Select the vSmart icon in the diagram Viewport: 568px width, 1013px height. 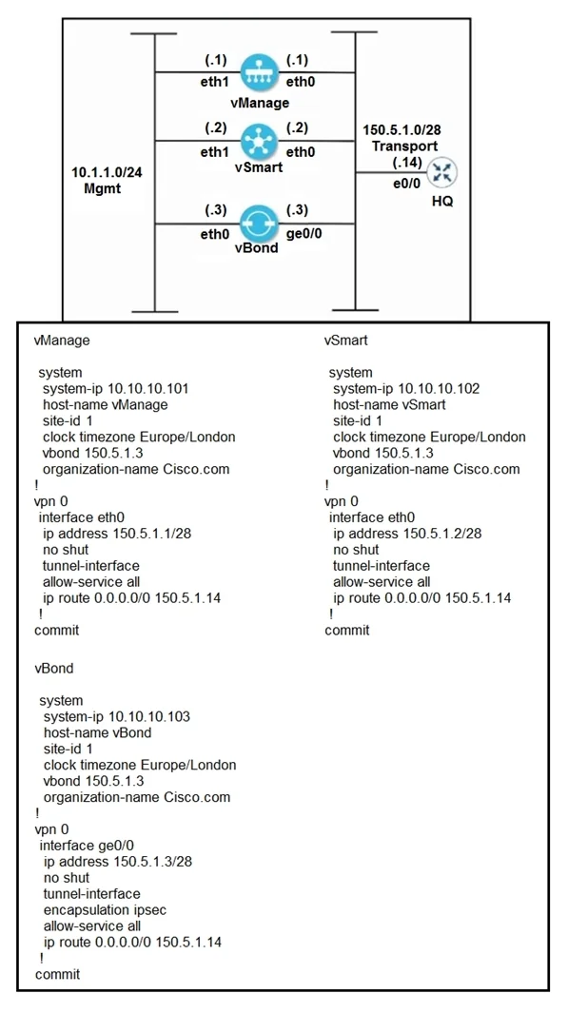click(258, 141)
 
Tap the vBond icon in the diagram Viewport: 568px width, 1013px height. click(258, 224)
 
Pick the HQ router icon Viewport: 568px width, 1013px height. click(443, 172)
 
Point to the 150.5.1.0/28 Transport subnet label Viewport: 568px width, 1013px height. click(402, 138)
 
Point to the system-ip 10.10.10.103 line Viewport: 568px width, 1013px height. click(117, 716)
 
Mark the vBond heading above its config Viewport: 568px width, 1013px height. click(54, 669)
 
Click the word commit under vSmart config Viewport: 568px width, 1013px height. click(347, 631)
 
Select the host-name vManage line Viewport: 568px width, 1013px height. click(106, 405)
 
